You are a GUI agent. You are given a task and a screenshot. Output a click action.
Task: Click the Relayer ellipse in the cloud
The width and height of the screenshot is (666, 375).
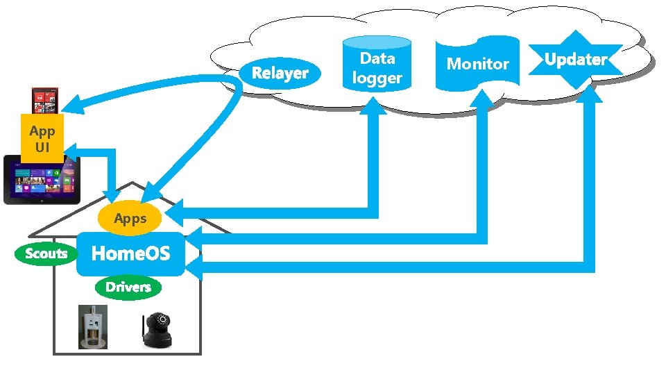tap(280, 73)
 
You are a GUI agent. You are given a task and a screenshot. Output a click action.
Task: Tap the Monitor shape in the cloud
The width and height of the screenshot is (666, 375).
tap(477, 64)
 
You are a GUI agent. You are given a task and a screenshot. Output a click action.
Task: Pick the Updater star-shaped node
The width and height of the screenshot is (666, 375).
tap(575, 60)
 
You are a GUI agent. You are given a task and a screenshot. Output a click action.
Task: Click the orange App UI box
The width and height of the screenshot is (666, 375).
tap(42, 139)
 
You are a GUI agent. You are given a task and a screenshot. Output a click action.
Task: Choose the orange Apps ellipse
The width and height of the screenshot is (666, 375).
tap(130, 219)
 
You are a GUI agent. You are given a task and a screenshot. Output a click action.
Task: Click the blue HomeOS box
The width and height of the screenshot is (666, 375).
tap(130, 253)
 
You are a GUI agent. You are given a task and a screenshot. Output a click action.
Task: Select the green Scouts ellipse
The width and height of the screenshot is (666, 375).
tap(46, 253)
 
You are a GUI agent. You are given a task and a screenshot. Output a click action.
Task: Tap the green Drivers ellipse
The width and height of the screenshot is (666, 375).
tap(128, 287)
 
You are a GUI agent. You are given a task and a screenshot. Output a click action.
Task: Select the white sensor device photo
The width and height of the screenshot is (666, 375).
tap(92, 326)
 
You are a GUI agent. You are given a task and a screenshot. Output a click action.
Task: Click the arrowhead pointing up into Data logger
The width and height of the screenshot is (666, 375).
tap(377, 104)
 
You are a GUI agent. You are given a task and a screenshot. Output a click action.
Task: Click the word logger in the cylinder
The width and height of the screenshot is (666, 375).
tap(377, 78)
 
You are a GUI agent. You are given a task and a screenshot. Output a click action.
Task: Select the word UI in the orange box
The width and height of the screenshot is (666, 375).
tap(42, 147)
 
